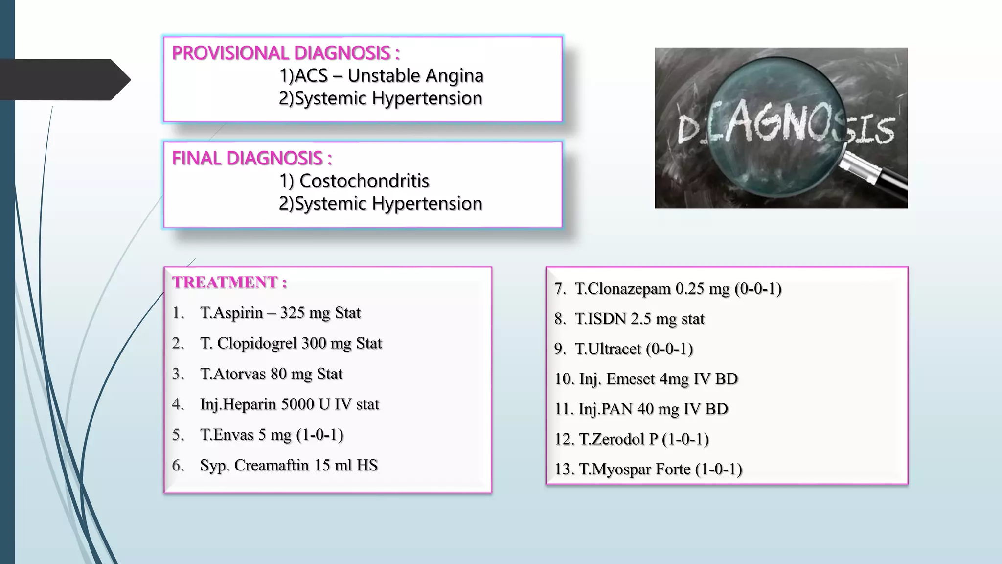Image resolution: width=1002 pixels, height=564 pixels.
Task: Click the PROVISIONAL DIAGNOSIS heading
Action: (x=286, y=53)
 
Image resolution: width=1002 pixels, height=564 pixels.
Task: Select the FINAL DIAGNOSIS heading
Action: (x=252, y=158)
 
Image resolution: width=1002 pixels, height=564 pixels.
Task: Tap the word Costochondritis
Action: (x=364, y=181)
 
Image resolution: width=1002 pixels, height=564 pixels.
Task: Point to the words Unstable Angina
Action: (x=415, y=75)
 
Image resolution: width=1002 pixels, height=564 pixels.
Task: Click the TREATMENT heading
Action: (x=229, y=282)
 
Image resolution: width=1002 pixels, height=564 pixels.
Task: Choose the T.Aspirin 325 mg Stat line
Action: (x=280, y=313)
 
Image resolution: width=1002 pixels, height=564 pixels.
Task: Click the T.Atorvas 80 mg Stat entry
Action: (x=271, y=374)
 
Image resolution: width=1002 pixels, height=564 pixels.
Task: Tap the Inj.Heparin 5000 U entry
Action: (x=289, y=404)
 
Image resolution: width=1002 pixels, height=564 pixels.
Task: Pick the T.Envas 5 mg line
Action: (x=272, y=435)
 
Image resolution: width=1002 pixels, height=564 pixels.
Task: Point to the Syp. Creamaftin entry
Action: (x=289, y=465)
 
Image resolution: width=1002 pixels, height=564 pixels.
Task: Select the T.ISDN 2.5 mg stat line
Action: (x=639, y=319)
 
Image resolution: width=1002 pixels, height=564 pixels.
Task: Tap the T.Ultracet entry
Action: (x=634, y=349)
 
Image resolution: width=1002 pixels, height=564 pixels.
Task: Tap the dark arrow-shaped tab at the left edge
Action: (x=64, y=80)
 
